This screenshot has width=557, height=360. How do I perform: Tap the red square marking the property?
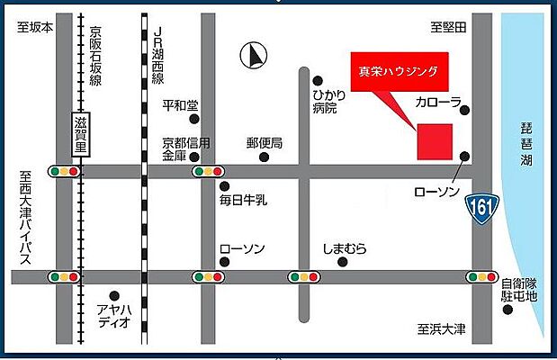tap(434, 141)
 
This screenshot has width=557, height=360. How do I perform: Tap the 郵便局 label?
tap(265, 143)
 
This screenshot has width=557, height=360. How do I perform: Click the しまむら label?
tap(345, 248)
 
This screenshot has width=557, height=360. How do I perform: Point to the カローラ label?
tap(438, 103)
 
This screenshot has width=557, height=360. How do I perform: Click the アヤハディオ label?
tap(115, 316)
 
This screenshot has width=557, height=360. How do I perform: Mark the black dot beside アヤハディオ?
tap(114, 294)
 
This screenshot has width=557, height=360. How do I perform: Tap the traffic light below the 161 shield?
tap(481, 275)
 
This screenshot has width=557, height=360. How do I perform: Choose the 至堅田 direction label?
tap(447, 28)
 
